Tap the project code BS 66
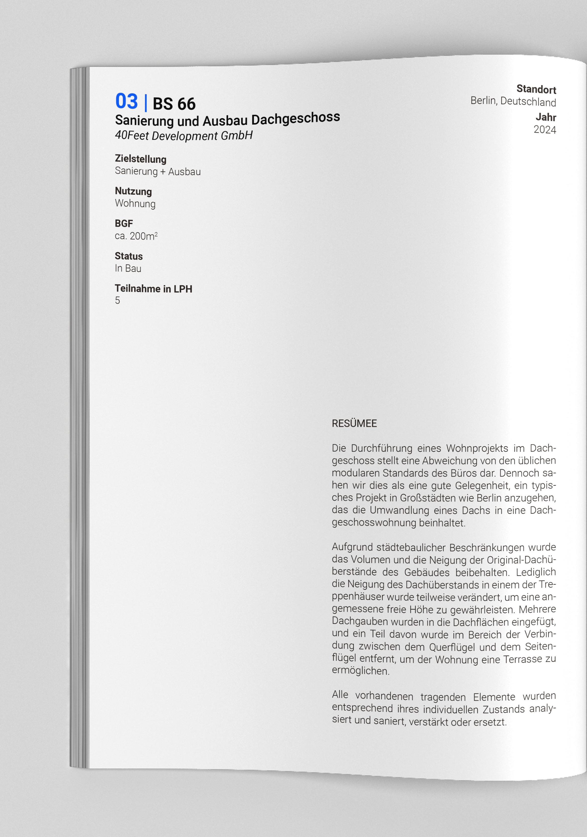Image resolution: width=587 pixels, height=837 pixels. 174,104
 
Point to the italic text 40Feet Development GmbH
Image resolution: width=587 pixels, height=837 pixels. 184,136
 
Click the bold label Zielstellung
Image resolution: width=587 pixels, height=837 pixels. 140,159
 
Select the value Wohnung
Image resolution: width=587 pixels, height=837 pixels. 135,203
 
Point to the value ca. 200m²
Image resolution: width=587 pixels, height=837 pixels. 136,236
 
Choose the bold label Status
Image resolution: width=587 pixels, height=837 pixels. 128,256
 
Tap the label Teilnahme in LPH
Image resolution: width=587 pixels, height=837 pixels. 153,288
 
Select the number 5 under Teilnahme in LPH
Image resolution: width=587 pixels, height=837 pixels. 117,300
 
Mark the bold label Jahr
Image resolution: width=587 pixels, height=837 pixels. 546,117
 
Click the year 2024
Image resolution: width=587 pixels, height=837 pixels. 545,130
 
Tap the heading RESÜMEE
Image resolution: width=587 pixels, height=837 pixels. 354,423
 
